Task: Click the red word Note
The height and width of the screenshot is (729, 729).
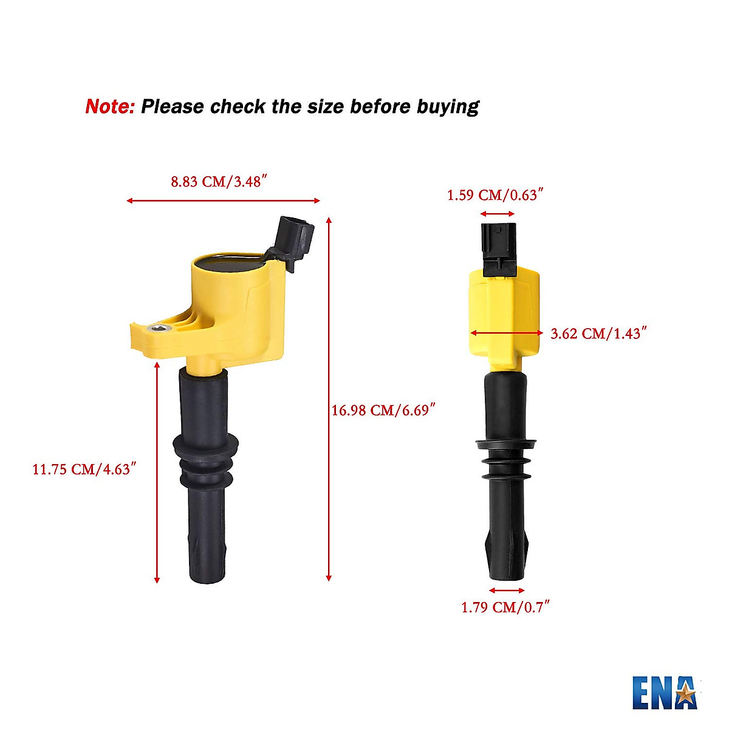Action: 110,107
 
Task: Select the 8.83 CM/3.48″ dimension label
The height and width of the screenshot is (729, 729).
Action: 219,182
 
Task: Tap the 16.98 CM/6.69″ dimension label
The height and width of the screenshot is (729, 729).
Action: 384,411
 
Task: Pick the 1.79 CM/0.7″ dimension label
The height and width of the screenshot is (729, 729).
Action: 505,607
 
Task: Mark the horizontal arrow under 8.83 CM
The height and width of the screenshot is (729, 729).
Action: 223,200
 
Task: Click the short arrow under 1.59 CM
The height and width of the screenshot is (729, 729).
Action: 498,214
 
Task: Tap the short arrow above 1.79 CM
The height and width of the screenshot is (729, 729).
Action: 507,590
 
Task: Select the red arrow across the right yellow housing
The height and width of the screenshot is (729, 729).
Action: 507,332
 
